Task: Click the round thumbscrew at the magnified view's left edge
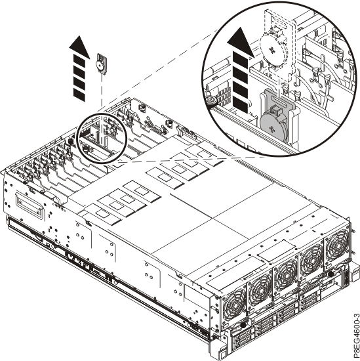(x=211, y=100)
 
